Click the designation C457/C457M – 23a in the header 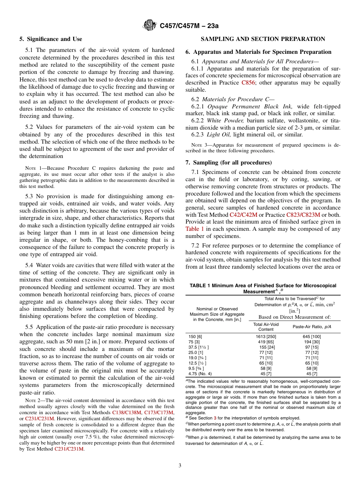189,26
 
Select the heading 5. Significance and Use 51,39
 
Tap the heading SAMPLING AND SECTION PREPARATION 263,39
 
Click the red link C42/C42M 243,214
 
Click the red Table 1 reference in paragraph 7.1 194,228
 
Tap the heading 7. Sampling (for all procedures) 229,163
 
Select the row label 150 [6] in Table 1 195,336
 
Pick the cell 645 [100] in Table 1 312,336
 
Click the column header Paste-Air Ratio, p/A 312,327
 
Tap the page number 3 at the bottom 180,465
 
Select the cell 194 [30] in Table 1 312,341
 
